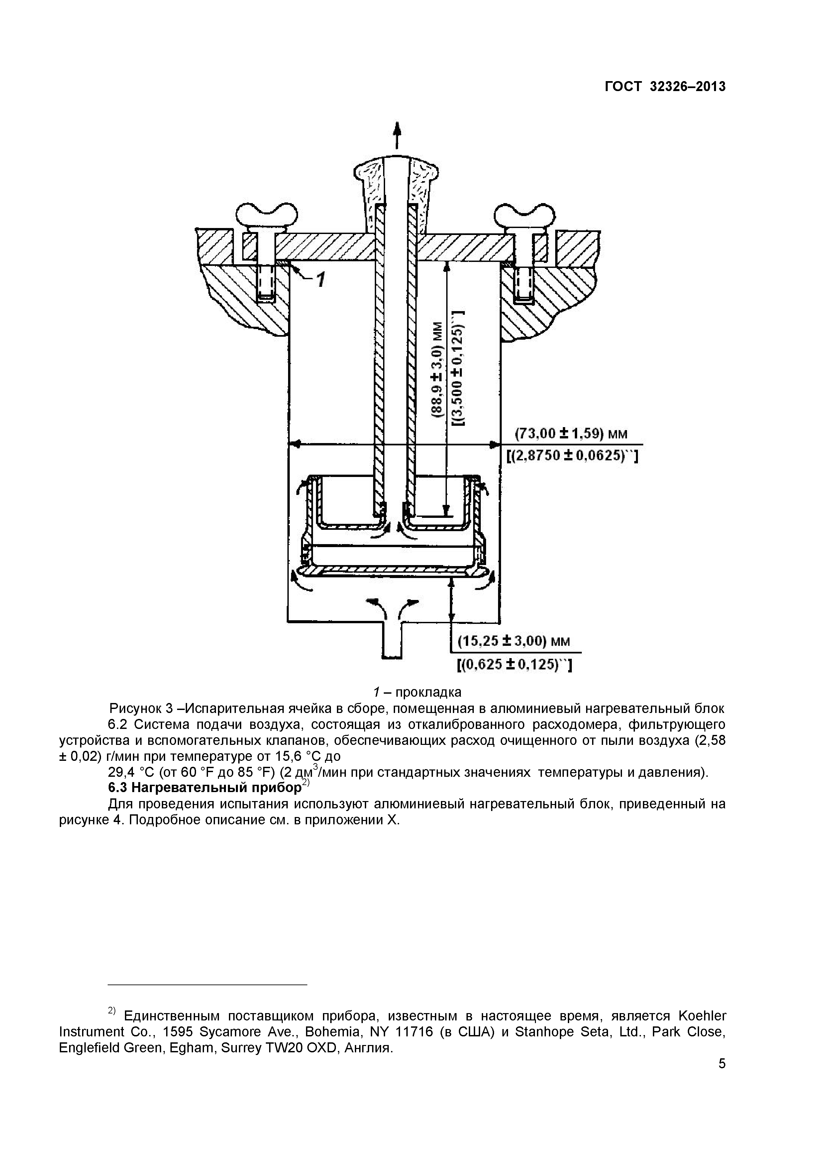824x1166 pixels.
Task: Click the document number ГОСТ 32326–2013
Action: [x=665, y=87]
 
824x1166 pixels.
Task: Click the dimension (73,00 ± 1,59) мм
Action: [x=571, y=434]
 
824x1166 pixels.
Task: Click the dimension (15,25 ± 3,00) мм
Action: [x=513, y=641]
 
